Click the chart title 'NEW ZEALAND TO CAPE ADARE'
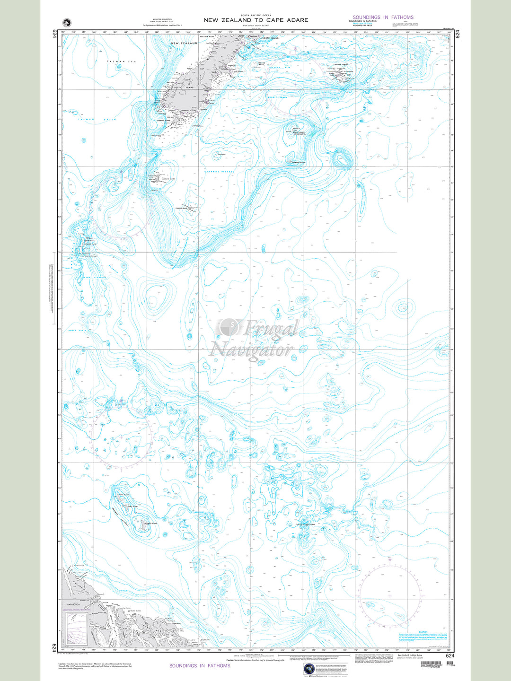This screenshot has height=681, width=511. point(255,20)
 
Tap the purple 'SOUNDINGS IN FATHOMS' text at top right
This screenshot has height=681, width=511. point(383,17)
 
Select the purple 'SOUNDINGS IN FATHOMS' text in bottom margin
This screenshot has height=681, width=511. point(200,665)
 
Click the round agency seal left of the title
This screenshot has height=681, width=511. point(66,22)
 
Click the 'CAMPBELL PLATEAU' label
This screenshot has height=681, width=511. point(219,171)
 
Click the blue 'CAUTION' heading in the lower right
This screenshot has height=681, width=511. point(423,632)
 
